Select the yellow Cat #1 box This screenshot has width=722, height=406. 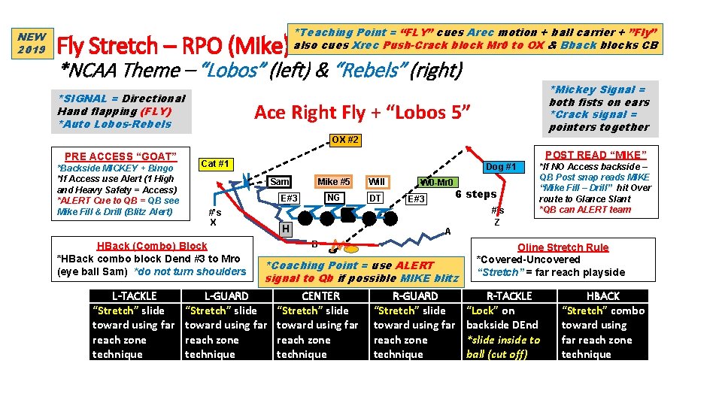pos(216,164)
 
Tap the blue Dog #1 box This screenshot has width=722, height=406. pos(499,166)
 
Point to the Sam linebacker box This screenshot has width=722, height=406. pos(280,182)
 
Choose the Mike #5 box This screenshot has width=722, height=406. pos(333,181)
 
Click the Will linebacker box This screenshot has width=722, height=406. pos(377,182)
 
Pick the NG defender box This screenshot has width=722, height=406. pos(333,198)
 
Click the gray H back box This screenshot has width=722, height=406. pos(285,228)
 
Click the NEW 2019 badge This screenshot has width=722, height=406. pos(32,43)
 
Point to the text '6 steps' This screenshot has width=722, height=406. pos(475,194)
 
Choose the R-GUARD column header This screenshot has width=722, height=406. pos(415,296)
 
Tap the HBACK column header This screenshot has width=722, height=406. pos(602,296)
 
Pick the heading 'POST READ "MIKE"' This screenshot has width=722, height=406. pos(594,155)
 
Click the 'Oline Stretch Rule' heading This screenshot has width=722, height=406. pos(563,247)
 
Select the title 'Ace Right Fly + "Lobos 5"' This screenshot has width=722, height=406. pos(363,113)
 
